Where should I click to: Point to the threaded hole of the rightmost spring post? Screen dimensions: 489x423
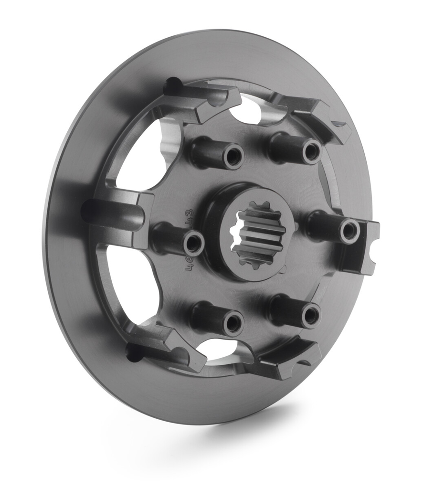(x=349, y=231)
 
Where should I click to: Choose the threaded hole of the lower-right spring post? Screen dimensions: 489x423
(x=311, y=316)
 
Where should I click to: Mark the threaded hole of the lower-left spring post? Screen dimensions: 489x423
(x=233, y=324)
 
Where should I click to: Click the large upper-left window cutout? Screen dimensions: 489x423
(x=143, y=153)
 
